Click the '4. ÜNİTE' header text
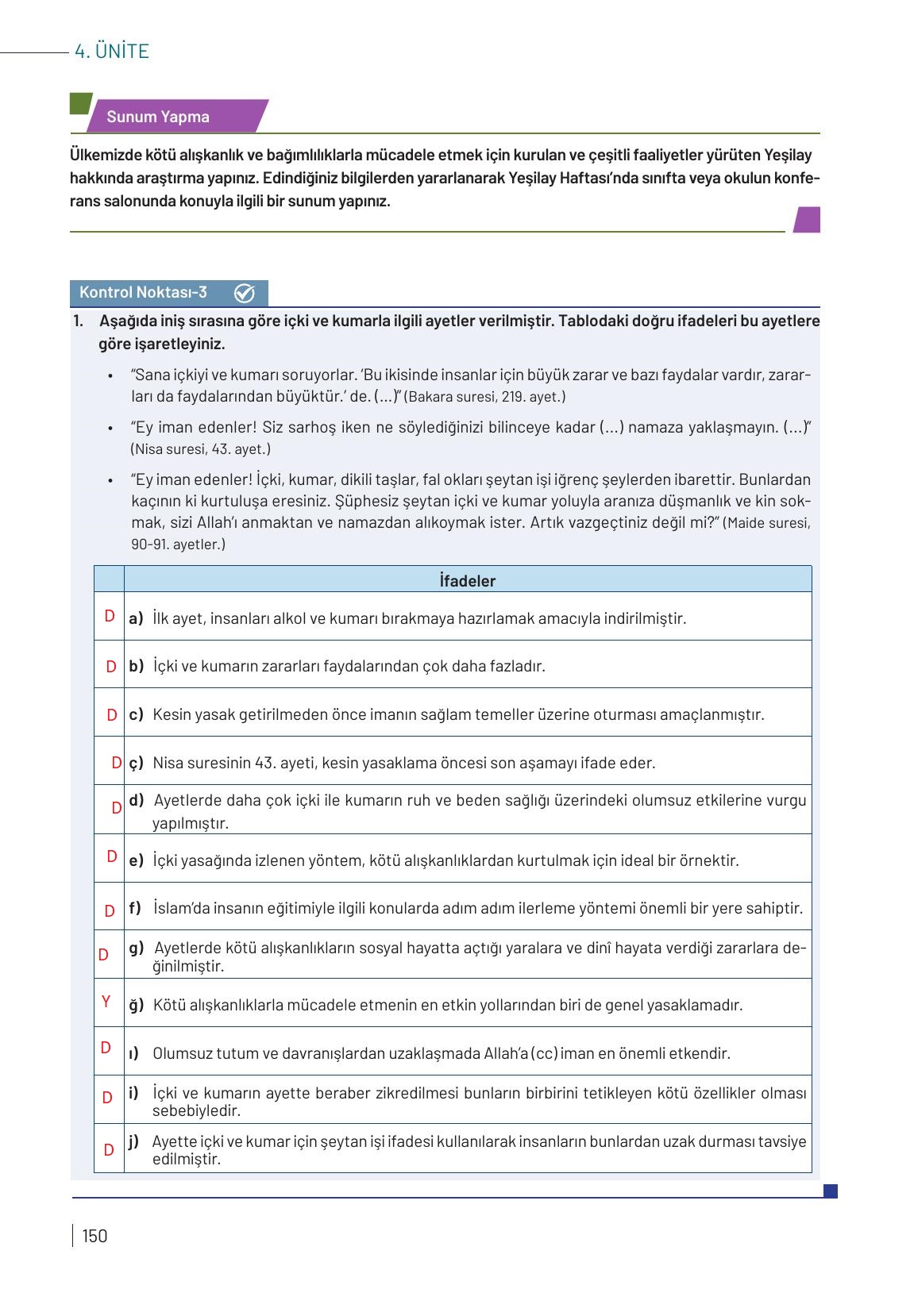[111, 52]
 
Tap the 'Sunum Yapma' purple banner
[159, 117]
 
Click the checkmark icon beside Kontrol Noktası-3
[245, 294]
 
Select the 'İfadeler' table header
[467, 581]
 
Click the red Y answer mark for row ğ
[106, 1002]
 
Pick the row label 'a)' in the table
[136, 618]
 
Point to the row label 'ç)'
[136, 763]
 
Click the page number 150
[94, 1236]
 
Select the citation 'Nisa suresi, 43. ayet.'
[201, 449]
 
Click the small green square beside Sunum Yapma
[80, 104]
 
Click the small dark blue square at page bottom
[831, 1191]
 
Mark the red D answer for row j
[109, 1149]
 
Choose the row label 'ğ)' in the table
[137, 1005]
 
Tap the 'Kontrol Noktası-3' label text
[144, 293]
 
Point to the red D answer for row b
[112, 667]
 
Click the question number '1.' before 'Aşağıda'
[78, 321]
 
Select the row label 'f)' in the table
[135, 908]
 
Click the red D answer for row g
[103, 955]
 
